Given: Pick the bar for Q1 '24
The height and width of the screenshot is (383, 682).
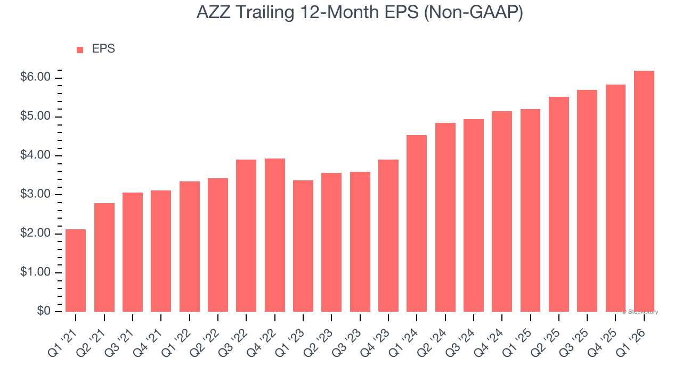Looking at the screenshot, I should (417, 223).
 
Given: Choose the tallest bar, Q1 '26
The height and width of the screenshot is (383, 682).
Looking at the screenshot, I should (644, 191).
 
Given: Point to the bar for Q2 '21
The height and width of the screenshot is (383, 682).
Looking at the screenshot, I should (104, 257).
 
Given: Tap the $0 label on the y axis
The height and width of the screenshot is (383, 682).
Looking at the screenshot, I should (43, 312).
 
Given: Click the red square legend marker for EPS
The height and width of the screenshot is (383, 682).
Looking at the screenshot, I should (80, 50).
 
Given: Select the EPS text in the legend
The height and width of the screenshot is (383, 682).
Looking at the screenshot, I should (103, 49).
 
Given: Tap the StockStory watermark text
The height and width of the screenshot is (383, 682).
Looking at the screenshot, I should (640, 312).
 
